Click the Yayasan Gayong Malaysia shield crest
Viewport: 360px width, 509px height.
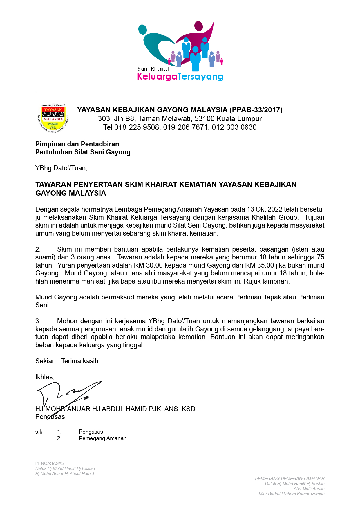click(53, 118)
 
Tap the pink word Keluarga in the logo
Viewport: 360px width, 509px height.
click(157, 76)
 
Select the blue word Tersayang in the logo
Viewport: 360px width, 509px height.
click(200, 76)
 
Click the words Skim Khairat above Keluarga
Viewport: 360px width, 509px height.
click(153, 69)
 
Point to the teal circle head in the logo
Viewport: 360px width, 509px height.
click(143, 29)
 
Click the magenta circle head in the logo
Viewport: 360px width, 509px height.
click(198, 26)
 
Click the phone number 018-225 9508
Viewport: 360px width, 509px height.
click(137, 127)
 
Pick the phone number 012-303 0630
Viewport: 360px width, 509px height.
click(234, 127)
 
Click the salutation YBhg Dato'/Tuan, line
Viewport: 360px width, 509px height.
click(61, 168)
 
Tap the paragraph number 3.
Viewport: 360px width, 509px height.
click(38, 321)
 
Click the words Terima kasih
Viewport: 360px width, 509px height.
click(80, 361)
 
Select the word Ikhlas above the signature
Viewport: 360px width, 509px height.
click(44, 377)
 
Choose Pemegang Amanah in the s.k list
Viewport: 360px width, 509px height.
click(103, 438)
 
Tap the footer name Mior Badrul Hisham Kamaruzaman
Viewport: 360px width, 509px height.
click(291, 494)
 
